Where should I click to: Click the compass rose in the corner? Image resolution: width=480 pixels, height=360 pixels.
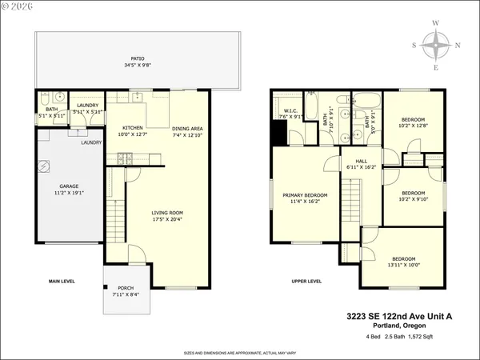[436, 46]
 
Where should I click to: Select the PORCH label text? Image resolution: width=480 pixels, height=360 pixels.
[126, 289]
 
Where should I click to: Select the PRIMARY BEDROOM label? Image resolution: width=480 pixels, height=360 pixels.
[304, 194]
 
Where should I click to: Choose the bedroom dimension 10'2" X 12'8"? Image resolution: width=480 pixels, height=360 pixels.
[413, 126]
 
